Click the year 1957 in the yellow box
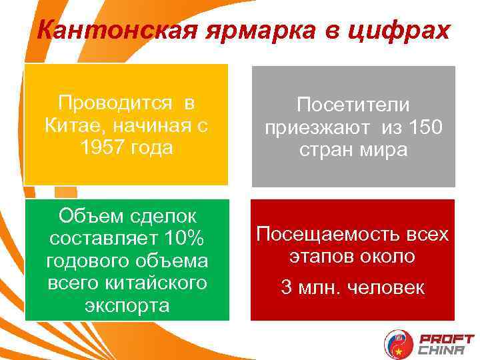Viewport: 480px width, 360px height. (x=102, y=147)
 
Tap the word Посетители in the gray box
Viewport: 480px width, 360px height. (x=353, y=105)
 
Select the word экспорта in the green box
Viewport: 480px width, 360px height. (x=127, y=305)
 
